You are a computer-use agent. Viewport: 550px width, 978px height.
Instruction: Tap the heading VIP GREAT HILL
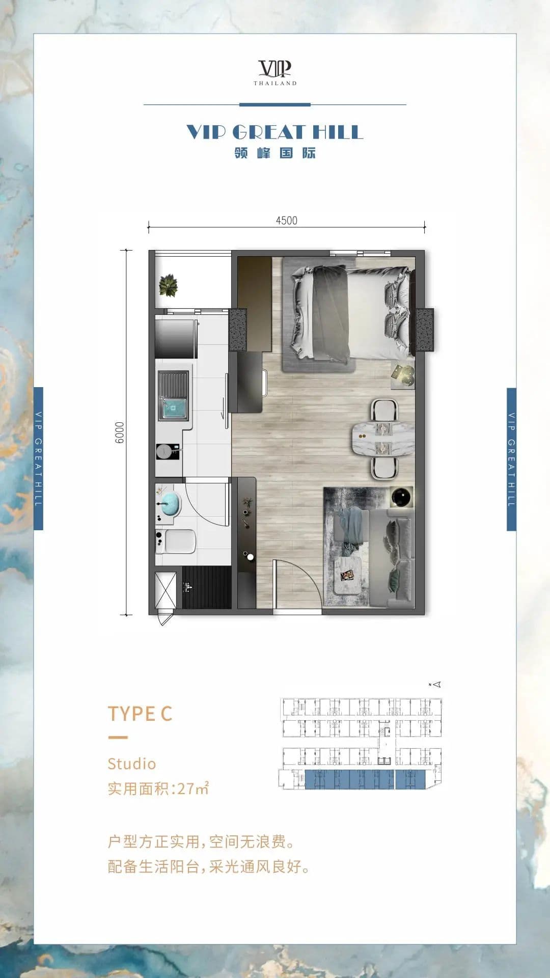tap(274, 132)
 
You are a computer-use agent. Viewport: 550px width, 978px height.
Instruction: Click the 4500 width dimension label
tap(286, 221)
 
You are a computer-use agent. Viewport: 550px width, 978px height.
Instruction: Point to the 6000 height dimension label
tap(119, 432)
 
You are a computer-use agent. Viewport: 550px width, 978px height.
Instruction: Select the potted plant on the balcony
tap(168, 285)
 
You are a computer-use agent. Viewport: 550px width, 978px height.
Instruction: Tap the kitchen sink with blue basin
tap(173, 396)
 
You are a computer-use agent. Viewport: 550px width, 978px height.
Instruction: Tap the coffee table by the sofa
tap(348, 575)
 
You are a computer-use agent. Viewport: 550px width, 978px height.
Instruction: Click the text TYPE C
tap(140, 714)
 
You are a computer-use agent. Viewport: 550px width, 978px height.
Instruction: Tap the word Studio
tap(131, 764)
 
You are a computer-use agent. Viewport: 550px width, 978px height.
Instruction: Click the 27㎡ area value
tap(193, 789)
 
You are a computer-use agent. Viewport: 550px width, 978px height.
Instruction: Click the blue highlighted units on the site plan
tap(365, 779)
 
